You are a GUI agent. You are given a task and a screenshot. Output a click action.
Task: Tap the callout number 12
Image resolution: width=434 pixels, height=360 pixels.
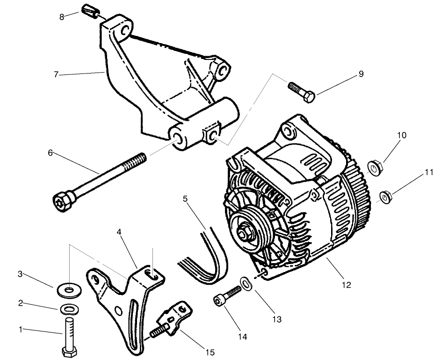(x=346, y=285)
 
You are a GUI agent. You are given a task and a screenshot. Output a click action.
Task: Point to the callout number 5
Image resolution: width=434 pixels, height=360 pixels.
(x=185, y=198)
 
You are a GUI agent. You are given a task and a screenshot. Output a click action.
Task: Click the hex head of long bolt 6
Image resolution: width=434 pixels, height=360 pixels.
(x=63, y=202)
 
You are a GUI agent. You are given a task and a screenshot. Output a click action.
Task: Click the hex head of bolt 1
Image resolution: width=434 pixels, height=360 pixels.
(x=70, y=352)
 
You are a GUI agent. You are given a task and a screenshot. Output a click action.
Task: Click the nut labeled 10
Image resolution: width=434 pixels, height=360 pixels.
(x=375, y=167)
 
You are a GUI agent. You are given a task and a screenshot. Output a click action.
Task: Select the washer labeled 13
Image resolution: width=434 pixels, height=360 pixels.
(x=245, y=283)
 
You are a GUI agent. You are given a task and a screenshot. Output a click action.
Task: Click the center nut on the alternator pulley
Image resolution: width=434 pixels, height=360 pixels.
(x=245, y=232)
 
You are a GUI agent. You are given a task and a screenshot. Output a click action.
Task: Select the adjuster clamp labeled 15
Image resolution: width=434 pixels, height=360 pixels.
(x=173, y=318)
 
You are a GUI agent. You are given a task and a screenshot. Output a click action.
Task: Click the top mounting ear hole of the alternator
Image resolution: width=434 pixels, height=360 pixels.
(x=290, y=132)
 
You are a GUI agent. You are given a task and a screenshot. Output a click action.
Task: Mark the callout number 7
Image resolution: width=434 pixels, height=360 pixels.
(x=56, y=74)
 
